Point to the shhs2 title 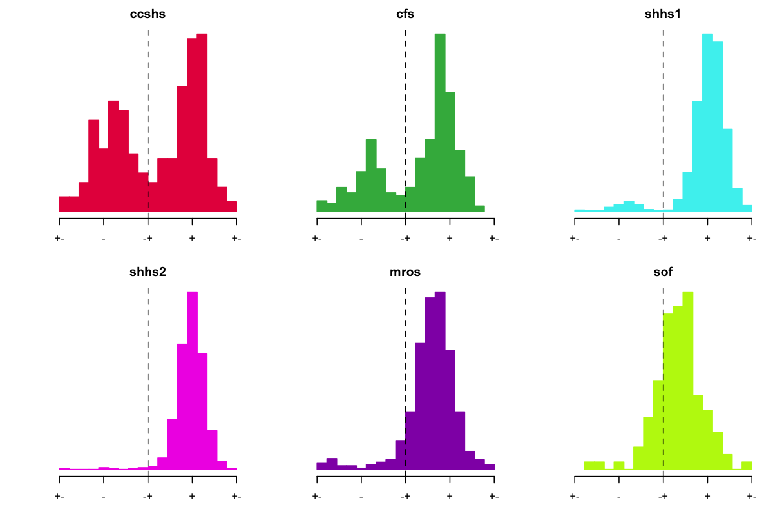tap(148, 272)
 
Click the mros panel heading tap(405, 272)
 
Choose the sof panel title tap(663, 272)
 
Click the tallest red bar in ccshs tap(202, 123)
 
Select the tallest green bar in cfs tap(440, 123)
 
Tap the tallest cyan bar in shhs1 tap(707, 123)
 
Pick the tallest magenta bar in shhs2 tap(192, 381)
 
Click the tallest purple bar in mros tap(440, 381)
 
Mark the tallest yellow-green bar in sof tap(688, 381)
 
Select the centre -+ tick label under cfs tap(405, 239)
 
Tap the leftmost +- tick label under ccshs tap(59, 239)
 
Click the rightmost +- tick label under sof tap(751, 497)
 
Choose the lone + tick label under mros tap(450, 497)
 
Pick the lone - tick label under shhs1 tap(618, 239)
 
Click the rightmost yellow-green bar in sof tap(747, 465)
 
